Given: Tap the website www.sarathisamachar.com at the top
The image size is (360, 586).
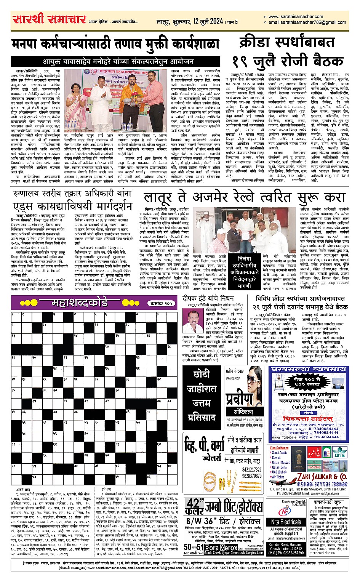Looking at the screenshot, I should click(x=296, y=16).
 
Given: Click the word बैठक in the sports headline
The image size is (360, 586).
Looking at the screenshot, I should click(x=323, y=61).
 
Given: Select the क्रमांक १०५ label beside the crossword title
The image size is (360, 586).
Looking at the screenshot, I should click(x=162, y=303).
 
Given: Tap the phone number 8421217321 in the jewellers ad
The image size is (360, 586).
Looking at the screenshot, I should click(x=251, y=469).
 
